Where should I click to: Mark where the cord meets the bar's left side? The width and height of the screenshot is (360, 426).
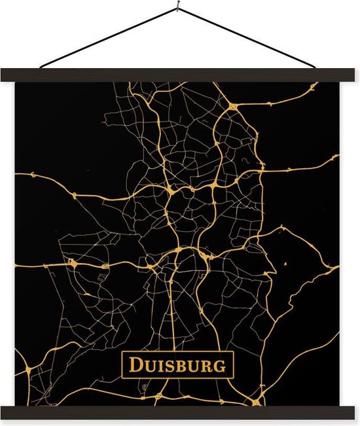tap(41, 67)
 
